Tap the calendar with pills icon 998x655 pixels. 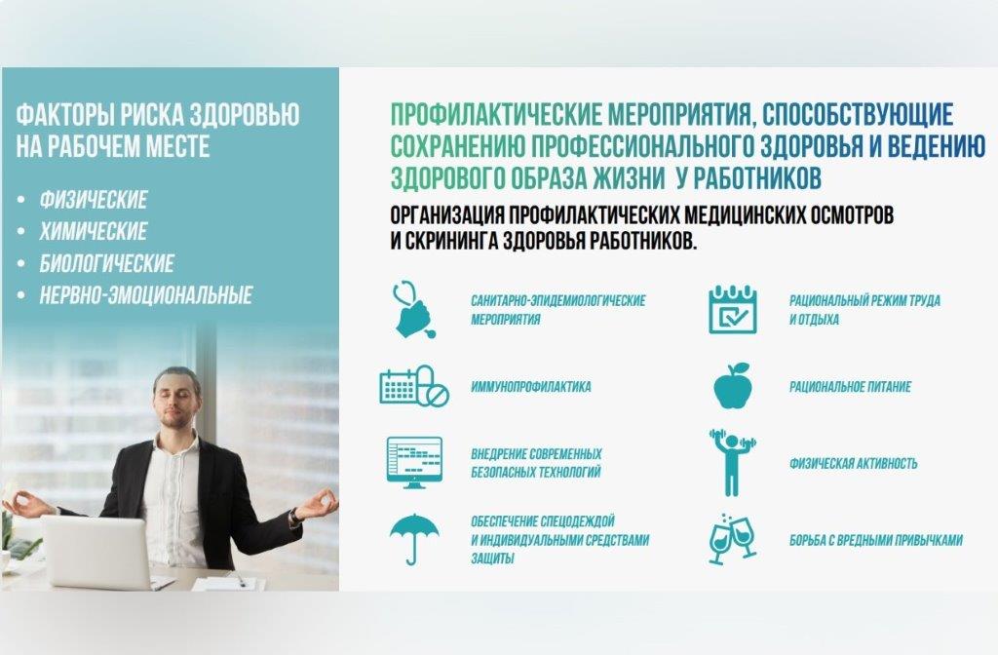[414, 386]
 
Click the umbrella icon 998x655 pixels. [414, 539]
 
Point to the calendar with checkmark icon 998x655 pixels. [733, 309]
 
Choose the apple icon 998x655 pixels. [733, 386]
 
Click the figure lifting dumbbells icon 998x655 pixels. [733, 463]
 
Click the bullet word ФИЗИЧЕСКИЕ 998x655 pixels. [94, 200]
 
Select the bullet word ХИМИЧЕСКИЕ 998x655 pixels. [94, 232]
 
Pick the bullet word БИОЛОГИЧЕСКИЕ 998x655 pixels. [107, 263]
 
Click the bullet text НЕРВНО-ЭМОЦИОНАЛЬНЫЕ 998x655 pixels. [146, 295]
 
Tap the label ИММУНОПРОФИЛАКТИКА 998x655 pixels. [531, 387]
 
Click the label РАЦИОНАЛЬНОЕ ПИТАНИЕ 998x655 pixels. [850, 387]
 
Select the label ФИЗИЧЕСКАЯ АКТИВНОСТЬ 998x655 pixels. [854, 463]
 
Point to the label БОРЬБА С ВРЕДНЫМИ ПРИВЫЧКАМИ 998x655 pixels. [876, 540]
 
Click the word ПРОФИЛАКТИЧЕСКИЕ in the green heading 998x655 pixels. [496, 115]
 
